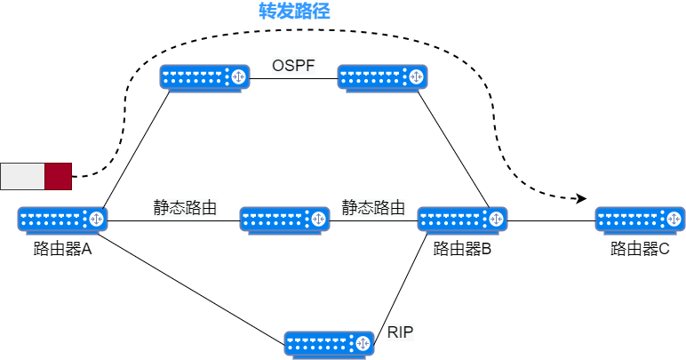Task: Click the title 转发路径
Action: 294,11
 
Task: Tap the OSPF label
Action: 293,67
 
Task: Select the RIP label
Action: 401,333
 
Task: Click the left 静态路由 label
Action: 185,208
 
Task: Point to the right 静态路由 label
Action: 373,208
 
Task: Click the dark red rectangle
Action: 58,176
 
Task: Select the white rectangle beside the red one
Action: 22,176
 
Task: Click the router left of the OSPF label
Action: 204,77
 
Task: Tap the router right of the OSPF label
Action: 382,77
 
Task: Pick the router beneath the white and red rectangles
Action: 62,220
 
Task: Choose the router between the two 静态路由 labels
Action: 284,220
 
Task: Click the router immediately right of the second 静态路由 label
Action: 462,220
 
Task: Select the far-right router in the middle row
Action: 640,220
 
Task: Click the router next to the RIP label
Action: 329,344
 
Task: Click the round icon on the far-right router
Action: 673,218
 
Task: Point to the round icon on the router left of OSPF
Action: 237,76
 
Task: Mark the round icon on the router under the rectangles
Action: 95,218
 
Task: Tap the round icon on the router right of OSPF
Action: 415,76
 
